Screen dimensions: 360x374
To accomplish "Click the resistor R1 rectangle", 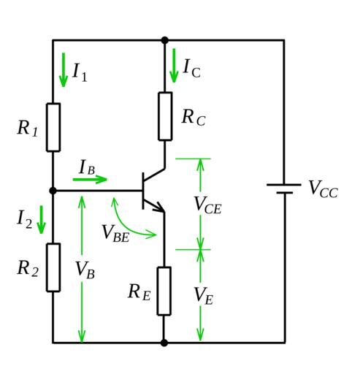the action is click(53, 127).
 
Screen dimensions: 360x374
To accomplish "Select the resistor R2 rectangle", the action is click(53, 267).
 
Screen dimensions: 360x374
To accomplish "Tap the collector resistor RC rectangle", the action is click(165, 116).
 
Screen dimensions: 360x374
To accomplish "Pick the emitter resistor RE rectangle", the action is click(164, 291).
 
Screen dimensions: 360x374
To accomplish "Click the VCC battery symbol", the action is click(284, 188).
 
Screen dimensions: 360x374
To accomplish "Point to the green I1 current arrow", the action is click(64, 69).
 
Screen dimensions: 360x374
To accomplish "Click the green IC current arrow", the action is click(174, 66).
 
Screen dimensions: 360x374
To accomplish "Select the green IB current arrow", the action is click(90, 180).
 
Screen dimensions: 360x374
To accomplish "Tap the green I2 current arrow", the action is click(41, 220).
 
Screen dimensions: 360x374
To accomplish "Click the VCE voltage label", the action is click(208, 205).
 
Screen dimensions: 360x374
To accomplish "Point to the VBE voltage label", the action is click(115, 233).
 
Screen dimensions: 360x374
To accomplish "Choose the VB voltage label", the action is click(85, 270).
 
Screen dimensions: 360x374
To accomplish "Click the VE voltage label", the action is click(204, 296).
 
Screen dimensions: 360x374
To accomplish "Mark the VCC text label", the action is click(323, 189).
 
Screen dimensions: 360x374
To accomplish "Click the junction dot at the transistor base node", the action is click(53, 191).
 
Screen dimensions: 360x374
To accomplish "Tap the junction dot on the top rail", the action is click(165, 40).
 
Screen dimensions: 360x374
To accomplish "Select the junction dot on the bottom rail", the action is click(164, 343).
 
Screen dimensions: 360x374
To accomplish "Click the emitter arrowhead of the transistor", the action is click(159, 207).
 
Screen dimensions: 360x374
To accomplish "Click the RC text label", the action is click(194, 118).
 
